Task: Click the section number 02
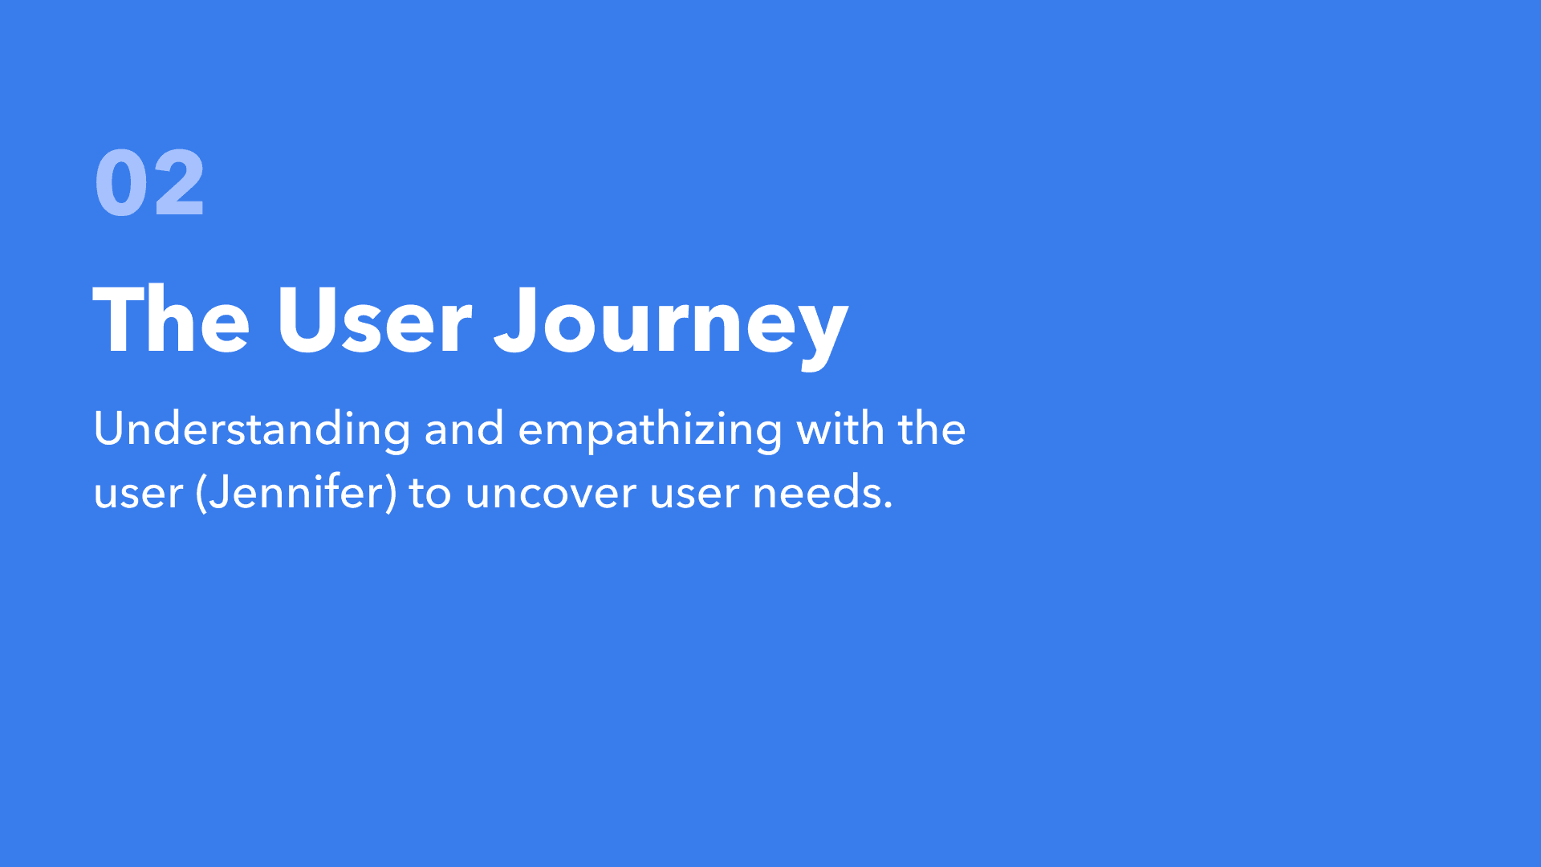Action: coord(149,183)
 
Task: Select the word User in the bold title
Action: coord(374,319)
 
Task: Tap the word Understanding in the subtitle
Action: coord(252,429)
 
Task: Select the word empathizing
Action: coord(650,430)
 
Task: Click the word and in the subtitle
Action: coord(464,429)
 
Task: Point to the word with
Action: coord(840,429)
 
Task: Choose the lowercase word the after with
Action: coord(932,429)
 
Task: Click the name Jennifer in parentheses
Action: coord(296,491)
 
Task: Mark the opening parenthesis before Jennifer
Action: coord(201,493)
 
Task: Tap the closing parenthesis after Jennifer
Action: coord(391,493)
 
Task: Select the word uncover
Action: coord(551,495)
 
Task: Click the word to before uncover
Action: coord(430,493)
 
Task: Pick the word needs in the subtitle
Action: coord(816,491)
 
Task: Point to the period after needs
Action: coord(888,507)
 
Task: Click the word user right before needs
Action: coord(694,495)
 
